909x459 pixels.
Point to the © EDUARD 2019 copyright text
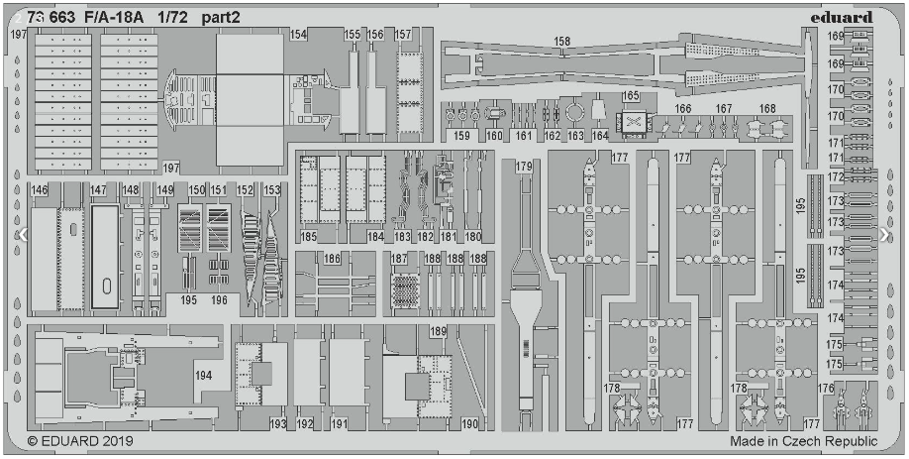[80, 440]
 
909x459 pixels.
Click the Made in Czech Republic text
[804, 441]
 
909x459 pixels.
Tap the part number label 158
[562, 42]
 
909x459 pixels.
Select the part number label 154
[298, 35]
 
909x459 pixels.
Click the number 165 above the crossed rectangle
[631, 96]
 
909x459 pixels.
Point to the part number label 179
[523, 166]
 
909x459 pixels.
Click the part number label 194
[204, 376]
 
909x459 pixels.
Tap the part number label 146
[40, 189]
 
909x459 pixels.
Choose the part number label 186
[332, 259]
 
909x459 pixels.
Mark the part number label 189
[438, 331]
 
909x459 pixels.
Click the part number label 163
[576, 135]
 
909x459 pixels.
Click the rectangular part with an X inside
[633, 124]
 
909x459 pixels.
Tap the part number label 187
[399, 259]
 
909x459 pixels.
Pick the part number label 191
[340, 424]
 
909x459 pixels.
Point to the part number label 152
[245, 189]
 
